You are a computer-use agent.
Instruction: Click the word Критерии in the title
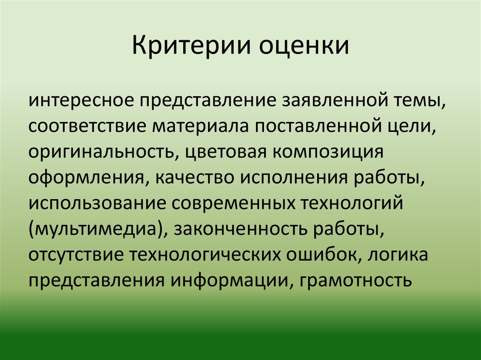click(x=190, y=48)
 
